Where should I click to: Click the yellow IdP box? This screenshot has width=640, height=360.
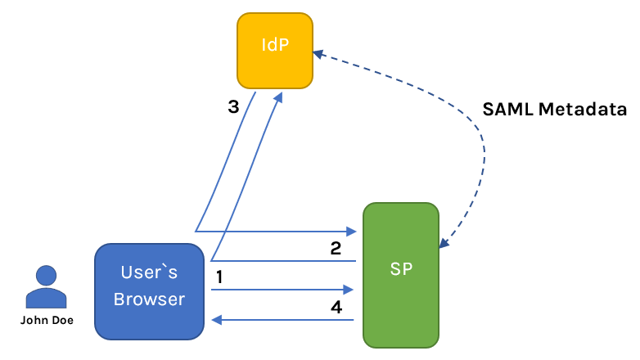tap(275, 51)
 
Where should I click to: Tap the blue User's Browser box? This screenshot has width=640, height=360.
tap(149, 290)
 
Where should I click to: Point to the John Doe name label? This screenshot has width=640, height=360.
tap(47, 321)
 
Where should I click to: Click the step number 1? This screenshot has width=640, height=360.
tap(219, 277)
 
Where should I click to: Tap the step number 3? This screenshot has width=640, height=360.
tap(233, 106)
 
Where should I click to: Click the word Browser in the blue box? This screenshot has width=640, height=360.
tap(149, 299)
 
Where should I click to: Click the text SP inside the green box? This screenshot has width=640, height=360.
tap(401, 270)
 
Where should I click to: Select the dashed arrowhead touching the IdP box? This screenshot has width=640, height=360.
tap(318, 54)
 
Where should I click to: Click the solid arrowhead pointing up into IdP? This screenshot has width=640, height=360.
tap(279, 96)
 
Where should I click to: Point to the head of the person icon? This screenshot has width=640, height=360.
tap(46, 276)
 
